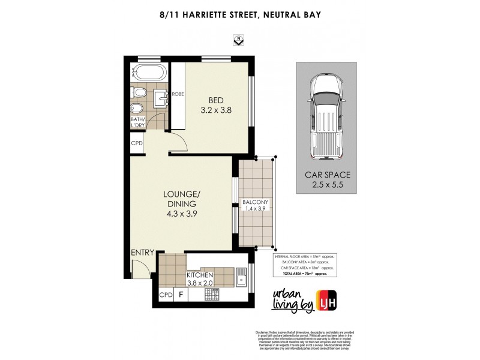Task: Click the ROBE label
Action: coord(178,94)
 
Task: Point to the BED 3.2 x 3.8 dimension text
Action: coord(215,105)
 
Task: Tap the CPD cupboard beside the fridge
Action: coord(165,295)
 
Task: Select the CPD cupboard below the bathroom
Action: coord(137,144)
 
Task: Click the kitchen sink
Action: coord(241,280)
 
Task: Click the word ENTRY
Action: coord(142,253)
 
